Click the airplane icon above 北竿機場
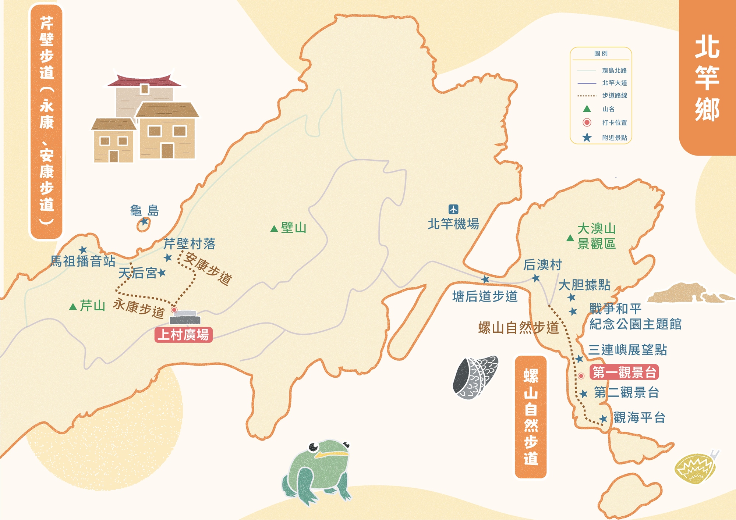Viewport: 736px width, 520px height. click(453, 209)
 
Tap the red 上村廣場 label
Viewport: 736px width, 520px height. click(183, 335)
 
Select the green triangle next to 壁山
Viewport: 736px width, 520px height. click(274, 229)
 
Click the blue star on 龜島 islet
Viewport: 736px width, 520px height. click(145, 221)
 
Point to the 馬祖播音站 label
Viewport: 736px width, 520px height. click(83, 261)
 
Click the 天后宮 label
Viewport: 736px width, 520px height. click(138, 273)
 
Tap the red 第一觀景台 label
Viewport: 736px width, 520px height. click(624, 372)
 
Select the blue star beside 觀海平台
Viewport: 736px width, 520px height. click(603, 419)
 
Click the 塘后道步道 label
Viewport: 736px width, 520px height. click(485, 296)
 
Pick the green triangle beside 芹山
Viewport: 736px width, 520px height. click(73, 306)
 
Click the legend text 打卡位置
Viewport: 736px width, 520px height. click(614, 122)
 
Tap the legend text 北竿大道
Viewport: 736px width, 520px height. click(614, 83)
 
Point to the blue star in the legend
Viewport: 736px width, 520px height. click(587, 138)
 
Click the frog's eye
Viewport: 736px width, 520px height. click(314, 447)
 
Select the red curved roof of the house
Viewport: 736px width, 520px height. click(144, 80)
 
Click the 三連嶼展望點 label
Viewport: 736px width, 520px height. click(627, 350)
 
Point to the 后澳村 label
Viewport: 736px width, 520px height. click(542, 264)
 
